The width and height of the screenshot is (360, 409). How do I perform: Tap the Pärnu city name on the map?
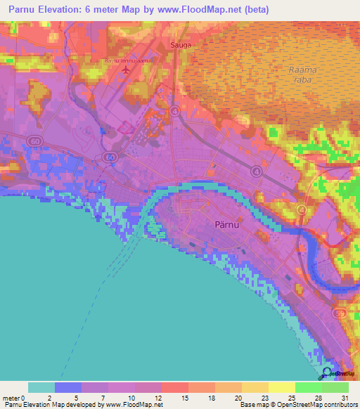226,226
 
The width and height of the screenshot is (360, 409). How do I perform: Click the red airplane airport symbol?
127,70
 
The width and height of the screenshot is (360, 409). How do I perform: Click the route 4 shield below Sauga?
174,111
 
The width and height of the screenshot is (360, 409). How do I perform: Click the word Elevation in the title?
58,9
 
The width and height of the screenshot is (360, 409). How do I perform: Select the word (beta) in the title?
256,9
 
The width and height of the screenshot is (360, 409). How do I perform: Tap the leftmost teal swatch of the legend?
41,387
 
